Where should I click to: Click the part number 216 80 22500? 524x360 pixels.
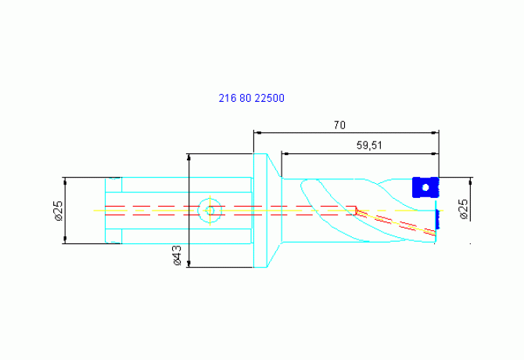[251, 98]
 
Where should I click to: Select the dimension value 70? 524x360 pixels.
[339, 125]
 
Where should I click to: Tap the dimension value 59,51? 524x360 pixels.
[369, 146]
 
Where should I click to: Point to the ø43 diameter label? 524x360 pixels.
[178, 255]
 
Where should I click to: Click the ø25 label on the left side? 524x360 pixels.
[59, 211]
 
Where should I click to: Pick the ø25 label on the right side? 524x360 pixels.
[464, 209]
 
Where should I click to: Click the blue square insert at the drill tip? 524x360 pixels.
[425, 187]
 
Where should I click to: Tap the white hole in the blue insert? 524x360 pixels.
[425, 188]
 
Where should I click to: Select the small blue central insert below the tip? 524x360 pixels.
[437, 219]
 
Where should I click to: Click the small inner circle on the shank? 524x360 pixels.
[210, 211]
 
